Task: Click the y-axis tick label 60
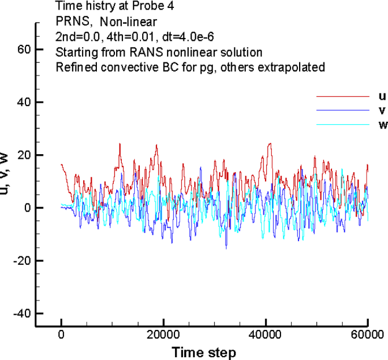[23, 49]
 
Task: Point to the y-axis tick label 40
[23, 102]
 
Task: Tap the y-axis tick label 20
[23, 155]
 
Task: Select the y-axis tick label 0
[26, 208]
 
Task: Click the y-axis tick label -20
[20, 261]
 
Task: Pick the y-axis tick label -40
[20, 314]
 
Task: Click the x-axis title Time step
[204, 352]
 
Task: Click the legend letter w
[375, 124]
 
